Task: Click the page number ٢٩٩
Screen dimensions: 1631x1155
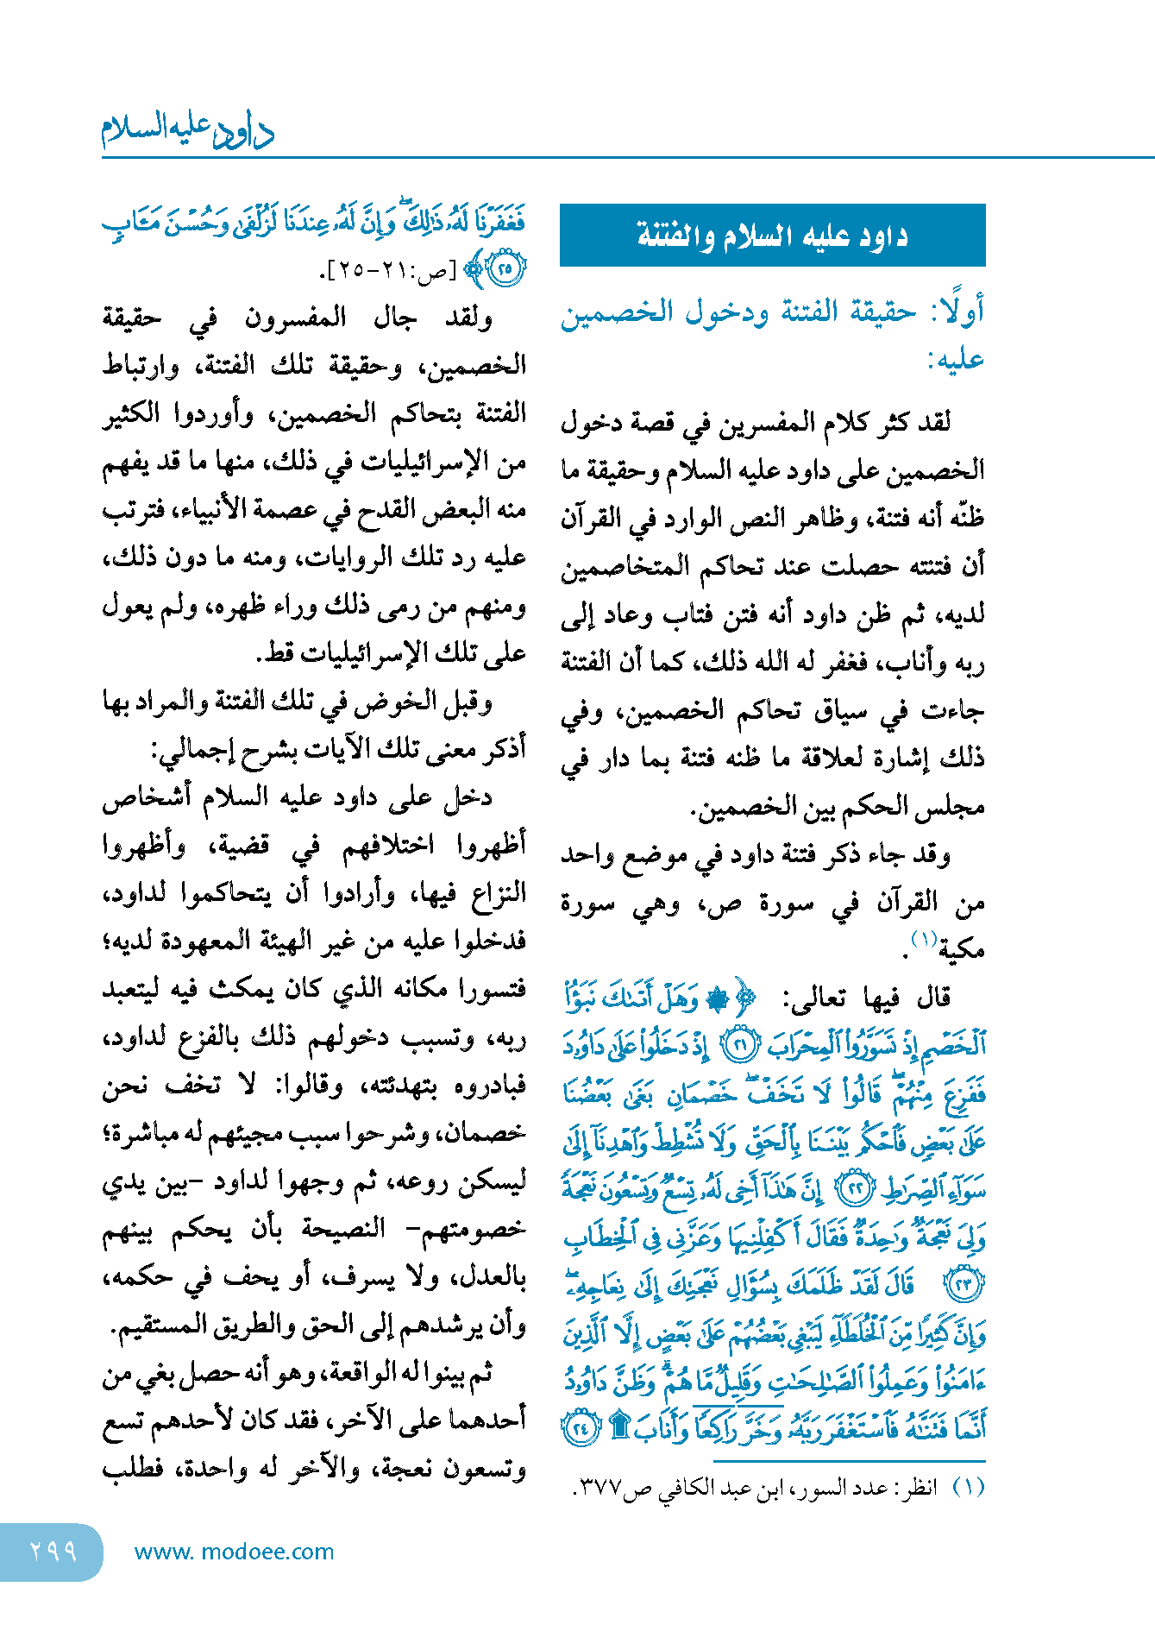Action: tap(53, 1551)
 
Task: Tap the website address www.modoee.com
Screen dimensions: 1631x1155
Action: tap(234, 1552)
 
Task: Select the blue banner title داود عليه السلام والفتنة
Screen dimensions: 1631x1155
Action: tap(772, 236)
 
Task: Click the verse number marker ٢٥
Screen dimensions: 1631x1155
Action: tap(507, 269)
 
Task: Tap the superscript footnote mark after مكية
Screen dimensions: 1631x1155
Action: tap(924, 939)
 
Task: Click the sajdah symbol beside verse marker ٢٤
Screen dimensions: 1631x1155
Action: tap(618, 1427)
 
